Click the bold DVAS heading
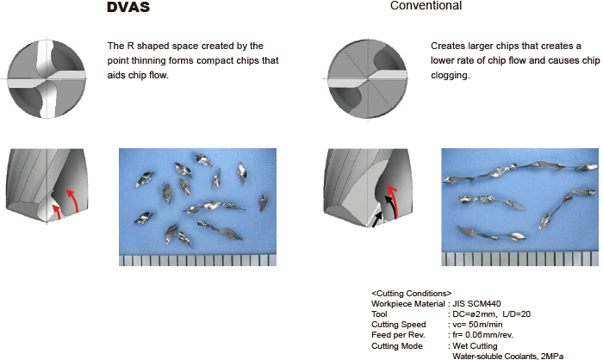click(x=127, y=9)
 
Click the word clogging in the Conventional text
click(x=450, y=76)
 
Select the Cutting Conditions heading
click(x=411, y=294)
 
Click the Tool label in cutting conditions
click(x=379, y=314)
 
